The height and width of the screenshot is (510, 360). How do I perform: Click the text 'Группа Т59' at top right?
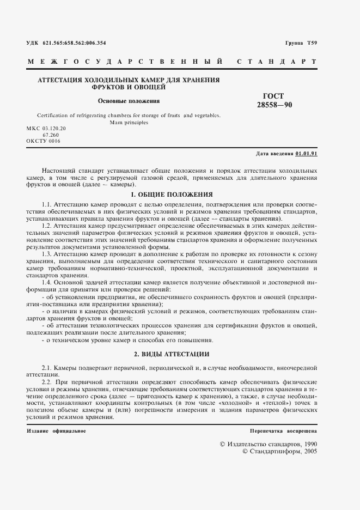[x=301, y=42]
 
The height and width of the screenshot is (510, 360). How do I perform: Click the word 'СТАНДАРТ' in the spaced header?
[x=277, y=62]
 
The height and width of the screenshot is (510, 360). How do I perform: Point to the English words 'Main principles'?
[x=129, y=123]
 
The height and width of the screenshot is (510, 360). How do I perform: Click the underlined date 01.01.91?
[x=307, y=154]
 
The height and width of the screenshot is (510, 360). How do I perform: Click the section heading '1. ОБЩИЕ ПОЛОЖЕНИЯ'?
[x=172, y=194]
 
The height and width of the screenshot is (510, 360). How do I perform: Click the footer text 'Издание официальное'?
[x=56, y=431]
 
